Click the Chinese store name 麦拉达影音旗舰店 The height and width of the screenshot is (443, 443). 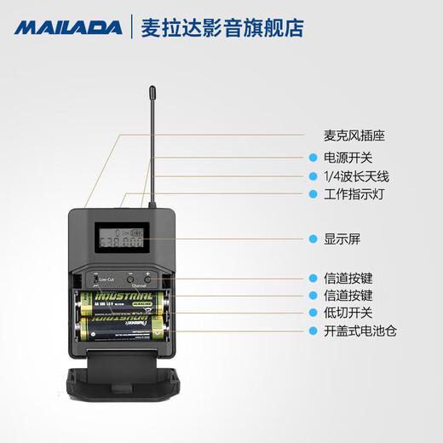(x=220, y=26)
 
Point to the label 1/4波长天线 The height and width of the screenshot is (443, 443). (x=357, y=176)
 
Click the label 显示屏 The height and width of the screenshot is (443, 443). (x=342, y=239)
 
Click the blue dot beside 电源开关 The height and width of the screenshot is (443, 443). (x=313, y=158)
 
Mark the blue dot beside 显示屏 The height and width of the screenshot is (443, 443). (x=313, y=239)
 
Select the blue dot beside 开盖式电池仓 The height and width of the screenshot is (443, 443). (x=313, y=331)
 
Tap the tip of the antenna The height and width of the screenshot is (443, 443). (x=151, y=88)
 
